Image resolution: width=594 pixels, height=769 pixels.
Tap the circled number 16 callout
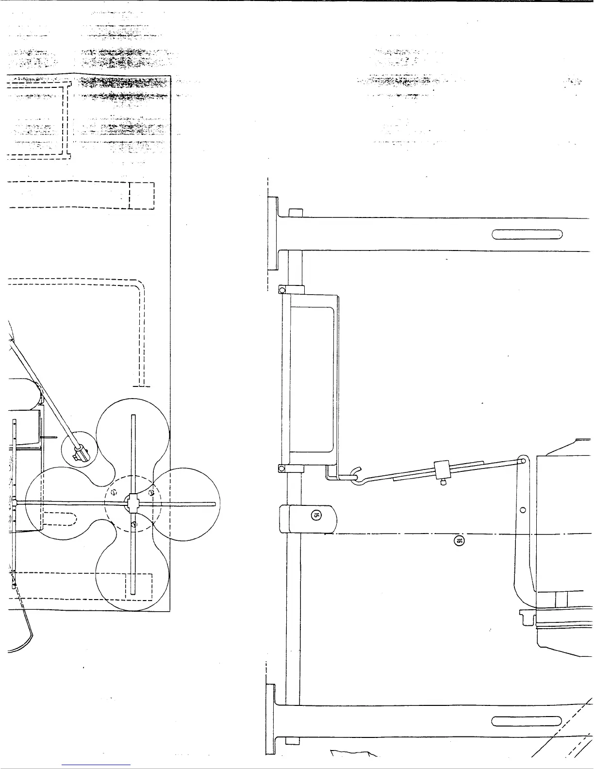click(459, 540)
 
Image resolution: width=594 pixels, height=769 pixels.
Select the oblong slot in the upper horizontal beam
click(527, 234)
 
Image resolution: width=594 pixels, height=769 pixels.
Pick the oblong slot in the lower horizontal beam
click(527, 722)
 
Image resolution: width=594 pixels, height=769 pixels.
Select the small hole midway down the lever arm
click(523, 510)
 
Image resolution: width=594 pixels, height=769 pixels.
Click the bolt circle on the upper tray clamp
click(282, 290)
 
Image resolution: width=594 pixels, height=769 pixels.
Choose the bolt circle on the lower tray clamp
click(282, 468)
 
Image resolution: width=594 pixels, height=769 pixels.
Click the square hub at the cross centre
click(132, 503)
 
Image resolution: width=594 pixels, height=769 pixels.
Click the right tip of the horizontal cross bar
click(213, 503)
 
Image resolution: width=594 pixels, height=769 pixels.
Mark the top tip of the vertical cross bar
click(133, 417)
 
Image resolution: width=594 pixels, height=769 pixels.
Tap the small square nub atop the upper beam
click(295, 213)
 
